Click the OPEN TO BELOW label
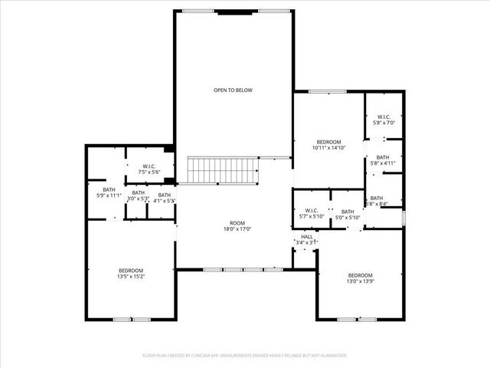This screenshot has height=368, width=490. click(x=233, y=90)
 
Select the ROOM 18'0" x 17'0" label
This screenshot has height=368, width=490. click(x=237, y=225)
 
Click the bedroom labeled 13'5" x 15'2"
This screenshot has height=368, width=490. click(x=130, y=274)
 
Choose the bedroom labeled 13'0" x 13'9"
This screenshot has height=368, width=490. click(x=360, y=278)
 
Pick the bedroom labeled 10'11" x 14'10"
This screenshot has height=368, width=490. click(x=328, y=145)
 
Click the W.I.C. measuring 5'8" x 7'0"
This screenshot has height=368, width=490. click(x=383, y=120)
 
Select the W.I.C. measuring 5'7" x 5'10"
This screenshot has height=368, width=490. click(x=312, y=214)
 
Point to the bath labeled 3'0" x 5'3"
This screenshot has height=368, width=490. click(x=138, y=195)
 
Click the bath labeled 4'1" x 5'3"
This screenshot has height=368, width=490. click(x=164, y=198)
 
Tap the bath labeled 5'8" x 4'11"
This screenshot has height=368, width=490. click(x=383, y=159)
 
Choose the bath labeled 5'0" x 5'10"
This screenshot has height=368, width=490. click(x=348, y=215)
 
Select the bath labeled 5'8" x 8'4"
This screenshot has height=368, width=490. click(x=379, y=201)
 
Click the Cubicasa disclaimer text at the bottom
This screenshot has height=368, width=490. click(x=244, y=356)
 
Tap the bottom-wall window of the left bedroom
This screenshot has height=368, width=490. click(x=132, y=319)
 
